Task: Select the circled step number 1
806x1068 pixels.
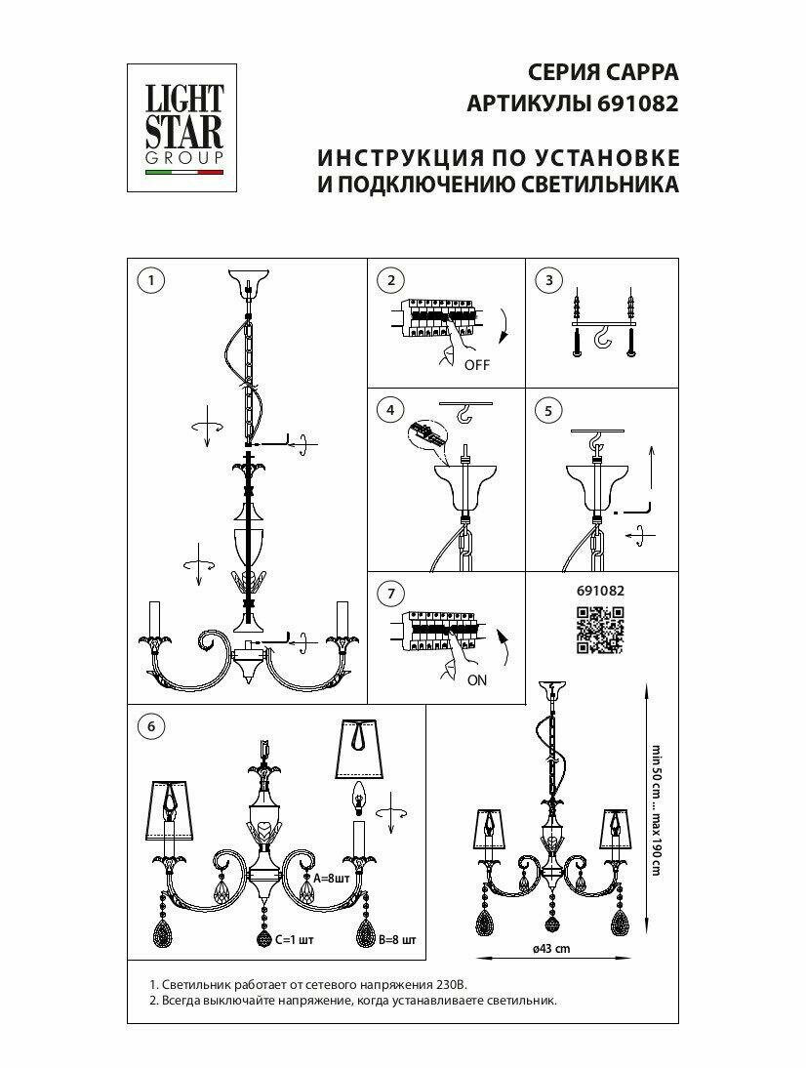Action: [149, 281]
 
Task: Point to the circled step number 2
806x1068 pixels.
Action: [390, 281]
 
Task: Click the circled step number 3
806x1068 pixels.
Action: [550, 281]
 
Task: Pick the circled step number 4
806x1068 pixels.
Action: [390, 411]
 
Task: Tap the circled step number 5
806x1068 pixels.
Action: [550, 411]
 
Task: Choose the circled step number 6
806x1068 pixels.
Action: [149, 725]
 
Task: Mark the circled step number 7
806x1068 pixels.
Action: [390, 594]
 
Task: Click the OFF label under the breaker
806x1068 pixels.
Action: [476, 366]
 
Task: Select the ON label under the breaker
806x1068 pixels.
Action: [476, 680]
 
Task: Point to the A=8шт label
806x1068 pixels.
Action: [320, 878]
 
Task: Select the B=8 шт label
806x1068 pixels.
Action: [396, 940]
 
